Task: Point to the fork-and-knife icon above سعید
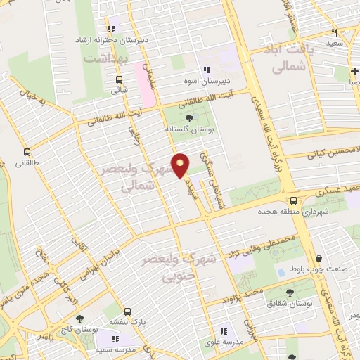(x=335, y=32)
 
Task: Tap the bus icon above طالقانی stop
(x=27, y=152)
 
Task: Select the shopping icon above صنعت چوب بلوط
(x=320, y=259)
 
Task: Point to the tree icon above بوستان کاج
(x=79, y=318)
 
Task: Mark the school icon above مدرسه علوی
(x=224, y=331)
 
